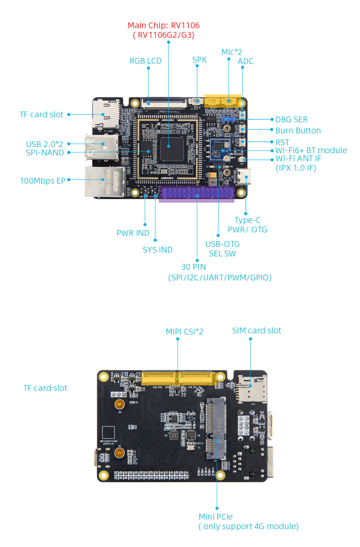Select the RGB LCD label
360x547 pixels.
click(145, 61)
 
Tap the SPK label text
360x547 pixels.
click(199, 60)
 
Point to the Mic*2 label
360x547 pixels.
click(231, 52)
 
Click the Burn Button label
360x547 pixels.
click(298, 131)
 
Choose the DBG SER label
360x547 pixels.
click(291, 119)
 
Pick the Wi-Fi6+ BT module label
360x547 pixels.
click(311, 150)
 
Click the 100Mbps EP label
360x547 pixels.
click(42, 181)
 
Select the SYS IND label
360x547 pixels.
click(157, 250)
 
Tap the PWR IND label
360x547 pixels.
click(133, 233)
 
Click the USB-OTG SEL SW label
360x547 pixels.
click(222, 249)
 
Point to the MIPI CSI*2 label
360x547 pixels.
click(184, 331)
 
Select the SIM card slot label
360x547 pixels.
click(256, 330)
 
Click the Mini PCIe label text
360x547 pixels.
click(216, 517)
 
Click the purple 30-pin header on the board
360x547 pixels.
click(197, 193)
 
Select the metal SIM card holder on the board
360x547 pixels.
click(251, 388)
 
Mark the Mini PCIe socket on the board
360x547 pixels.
click(216, 428)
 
